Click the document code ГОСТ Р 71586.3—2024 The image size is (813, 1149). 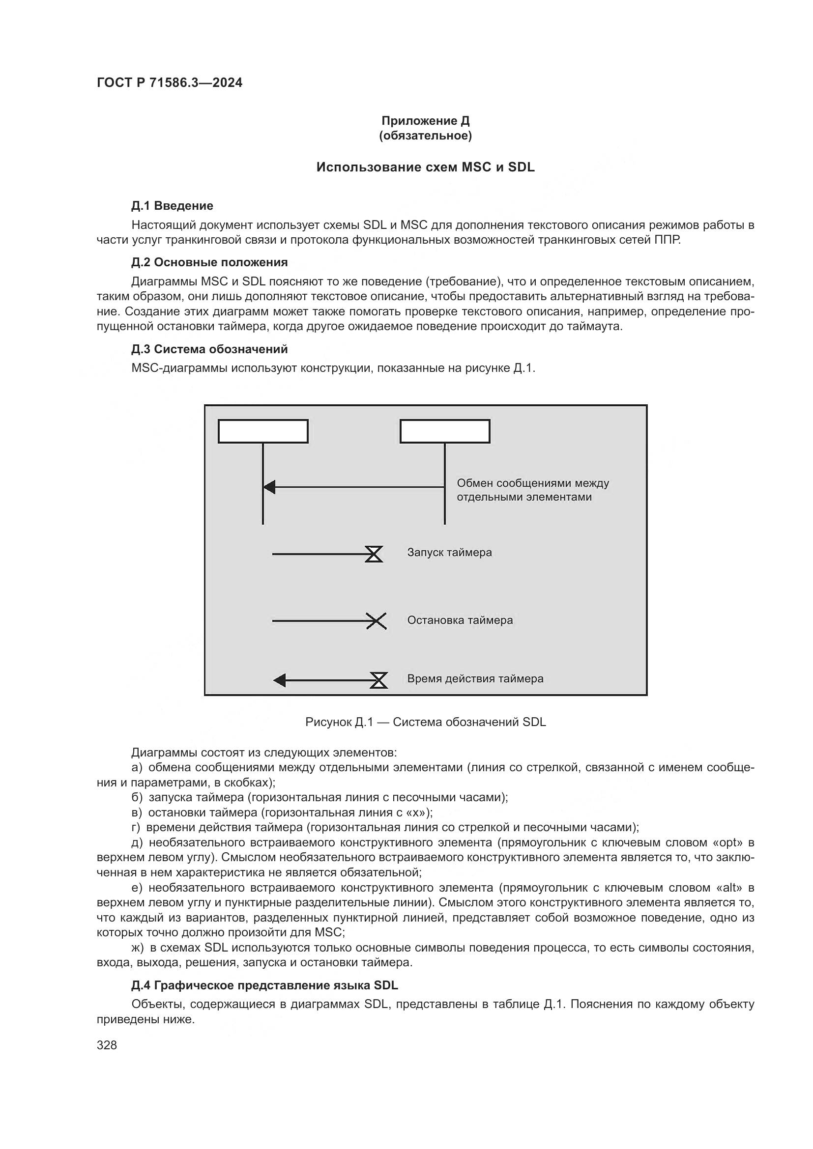pos(169,83)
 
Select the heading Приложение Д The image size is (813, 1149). pos(425,121)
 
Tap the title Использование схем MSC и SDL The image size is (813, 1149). pos(425,167)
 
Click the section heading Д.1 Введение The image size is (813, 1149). pos(172,206)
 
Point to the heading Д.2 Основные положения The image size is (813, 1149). pos(209,262)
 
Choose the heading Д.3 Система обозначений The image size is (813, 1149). pos(209,349)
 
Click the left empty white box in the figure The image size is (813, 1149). pos(263,431)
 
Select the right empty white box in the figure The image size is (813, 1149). pos(444,431)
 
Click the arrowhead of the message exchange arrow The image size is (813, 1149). pos(269,486)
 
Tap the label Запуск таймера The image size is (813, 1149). pos(449,553)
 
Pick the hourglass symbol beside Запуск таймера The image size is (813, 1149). pos(374,554)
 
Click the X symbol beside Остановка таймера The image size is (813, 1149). pos(376,621)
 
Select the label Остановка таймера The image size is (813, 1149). pos(460,620)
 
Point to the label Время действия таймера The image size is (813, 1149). pos(475,678)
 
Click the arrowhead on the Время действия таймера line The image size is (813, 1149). pos(280,680)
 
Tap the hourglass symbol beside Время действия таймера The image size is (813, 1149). pos(379,680)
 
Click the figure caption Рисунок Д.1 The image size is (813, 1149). pos(425,722)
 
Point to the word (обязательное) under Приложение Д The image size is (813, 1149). pos(425,136)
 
